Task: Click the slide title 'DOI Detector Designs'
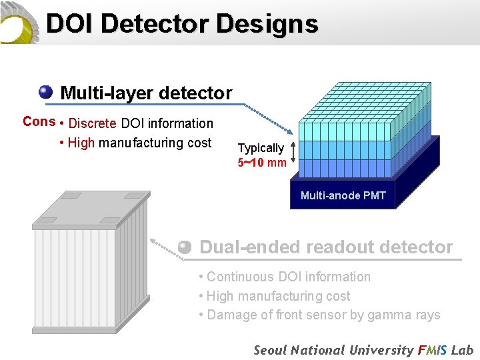click(181, 25)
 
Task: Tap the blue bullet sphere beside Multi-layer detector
click(46, 92)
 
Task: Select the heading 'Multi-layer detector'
click(146, 93)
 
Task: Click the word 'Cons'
click(39, 121)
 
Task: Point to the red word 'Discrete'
click(93, 123)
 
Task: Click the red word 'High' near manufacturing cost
click(81, 143)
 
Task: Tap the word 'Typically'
click(261, 148)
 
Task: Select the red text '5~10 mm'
click(262, 162)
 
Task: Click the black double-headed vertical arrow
click(292, 155)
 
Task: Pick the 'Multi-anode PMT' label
click(343, 195)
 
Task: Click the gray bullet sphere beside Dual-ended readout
click(185, 247)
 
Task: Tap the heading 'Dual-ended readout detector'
click(326, 247)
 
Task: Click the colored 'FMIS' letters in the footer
click(433, 350)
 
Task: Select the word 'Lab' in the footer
click(463, 350)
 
